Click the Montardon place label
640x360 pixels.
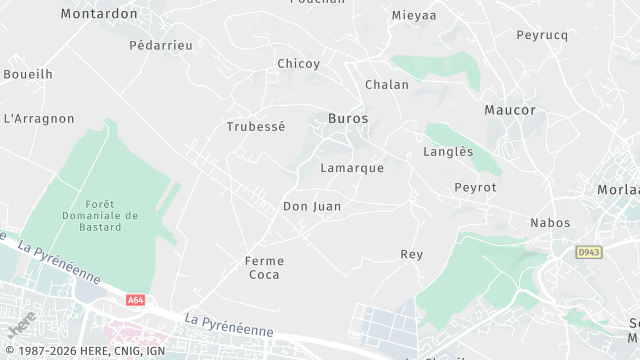point(98,14)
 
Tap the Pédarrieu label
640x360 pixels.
point(161,45)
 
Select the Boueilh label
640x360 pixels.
point(28,74)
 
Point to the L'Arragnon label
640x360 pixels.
point(39,118)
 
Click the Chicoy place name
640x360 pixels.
point(299,64)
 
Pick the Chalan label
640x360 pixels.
point(387,85)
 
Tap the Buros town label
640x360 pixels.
point(348,118)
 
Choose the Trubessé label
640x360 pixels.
point(256,127)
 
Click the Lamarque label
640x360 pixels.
point(352,168)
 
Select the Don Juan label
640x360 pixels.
point(312,207)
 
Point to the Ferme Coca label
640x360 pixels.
point(265,268)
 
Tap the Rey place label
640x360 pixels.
point(412,255)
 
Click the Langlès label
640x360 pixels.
point(448,152)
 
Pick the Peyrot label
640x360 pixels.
point(475,187)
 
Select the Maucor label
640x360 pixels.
point(510,110)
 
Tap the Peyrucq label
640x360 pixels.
point(542,35)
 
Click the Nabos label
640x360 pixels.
point(550,223)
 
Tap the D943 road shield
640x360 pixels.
point(587,254)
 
